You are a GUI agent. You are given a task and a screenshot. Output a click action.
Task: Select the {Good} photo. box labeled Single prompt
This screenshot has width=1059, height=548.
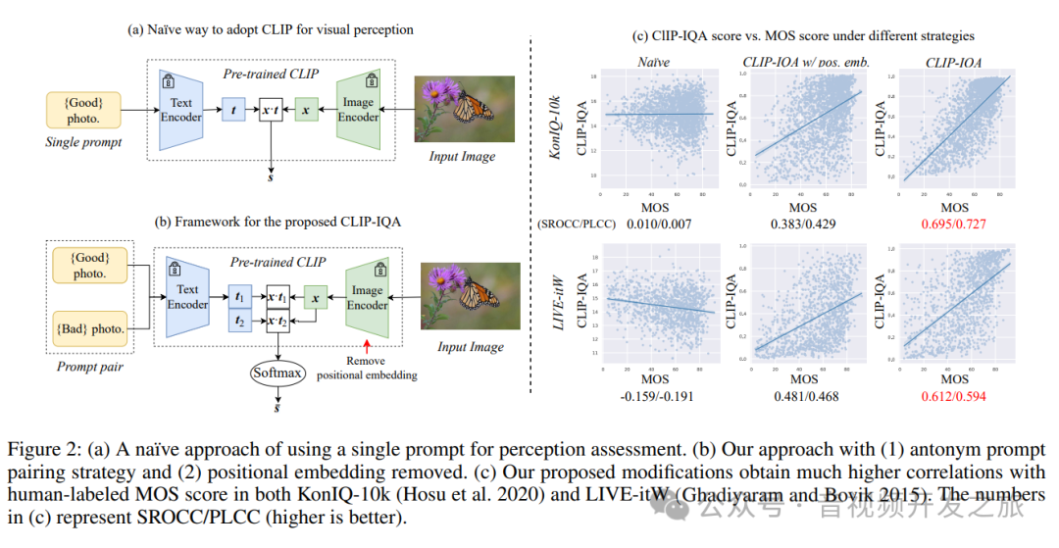pyautogui.click(x=83, y=109)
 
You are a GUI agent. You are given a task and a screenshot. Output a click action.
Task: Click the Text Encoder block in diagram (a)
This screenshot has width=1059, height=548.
pyautogui.click(x=181, y=109)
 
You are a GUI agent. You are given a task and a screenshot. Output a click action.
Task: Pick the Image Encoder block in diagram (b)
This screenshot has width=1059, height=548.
pyautogui.click(x=367, y=297)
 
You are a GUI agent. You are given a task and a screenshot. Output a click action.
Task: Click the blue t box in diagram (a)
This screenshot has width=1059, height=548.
pyautogui.click(x=233, y=111)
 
